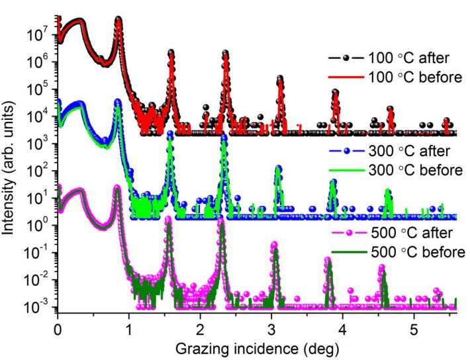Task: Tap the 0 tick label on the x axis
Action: [x=58, y=329]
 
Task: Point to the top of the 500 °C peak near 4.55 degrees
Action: [x=382, y=267]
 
